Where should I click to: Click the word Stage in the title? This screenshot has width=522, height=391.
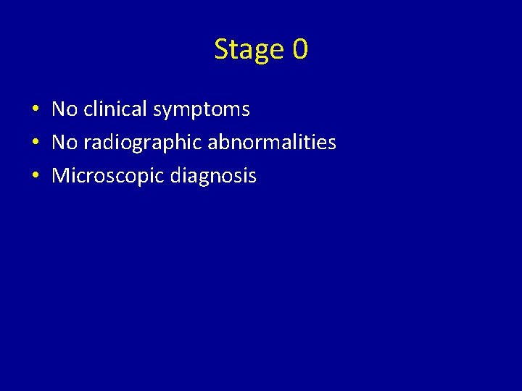[249, 49]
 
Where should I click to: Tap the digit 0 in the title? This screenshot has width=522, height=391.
[300, 49]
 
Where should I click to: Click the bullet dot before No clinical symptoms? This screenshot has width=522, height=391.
[35, 110]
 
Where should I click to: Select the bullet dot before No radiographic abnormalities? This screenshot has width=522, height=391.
[35, 143]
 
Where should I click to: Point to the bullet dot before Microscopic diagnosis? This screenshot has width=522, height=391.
[35, 177]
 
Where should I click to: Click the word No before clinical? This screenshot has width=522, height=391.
[65, 109]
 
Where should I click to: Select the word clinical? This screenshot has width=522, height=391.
[115, 109]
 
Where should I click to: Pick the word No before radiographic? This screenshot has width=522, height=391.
[65, 143]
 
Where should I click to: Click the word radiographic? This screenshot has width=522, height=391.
[143, 143]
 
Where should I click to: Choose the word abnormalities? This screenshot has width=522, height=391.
[272, 143]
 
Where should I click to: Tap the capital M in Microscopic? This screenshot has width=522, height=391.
[60, 176]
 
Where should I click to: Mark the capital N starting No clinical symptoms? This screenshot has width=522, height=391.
[59, 109]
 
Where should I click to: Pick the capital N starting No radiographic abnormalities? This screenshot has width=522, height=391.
[59, 143]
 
